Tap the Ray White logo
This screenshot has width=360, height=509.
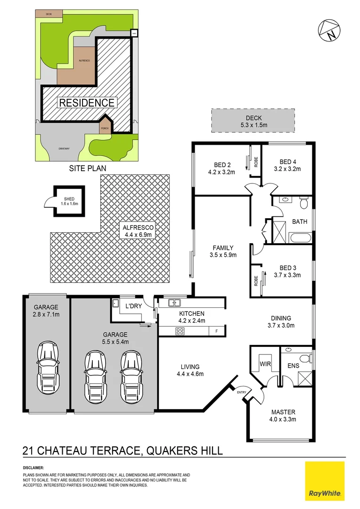[325, 482]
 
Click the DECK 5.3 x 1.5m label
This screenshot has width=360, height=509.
[253, 122]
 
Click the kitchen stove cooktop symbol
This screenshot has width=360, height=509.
[180, 331]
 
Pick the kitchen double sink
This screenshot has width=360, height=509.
[175, 303]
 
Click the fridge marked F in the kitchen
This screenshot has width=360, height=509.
[216, 331]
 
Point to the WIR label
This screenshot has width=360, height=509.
[264, 364]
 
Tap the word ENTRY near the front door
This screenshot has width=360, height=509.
[241, 392]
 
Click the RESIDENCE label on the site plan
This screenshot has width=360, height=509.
[86, 103]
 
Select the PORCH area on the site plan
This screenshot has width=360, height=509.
[104, 127]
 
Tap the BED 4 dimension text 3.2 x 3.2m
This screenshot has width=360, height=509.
[287, 168]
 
